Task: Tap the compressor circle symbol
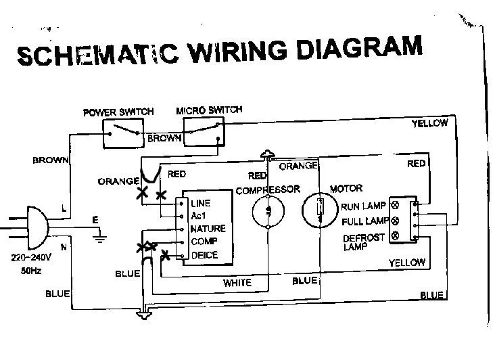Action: click(x=268, y=211)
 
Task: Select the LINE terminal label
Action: click(x=202, y=203)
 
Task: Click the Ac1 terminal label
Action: click(x=199, y=216)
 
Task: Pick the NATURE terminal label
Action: click(x=208, y=229)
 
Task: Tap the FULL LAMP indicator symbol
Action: click(x=395, y=221)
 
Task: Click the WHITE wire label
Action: click(x=237, y=283)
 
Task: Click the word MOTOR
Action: click(x=346, y=188)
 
